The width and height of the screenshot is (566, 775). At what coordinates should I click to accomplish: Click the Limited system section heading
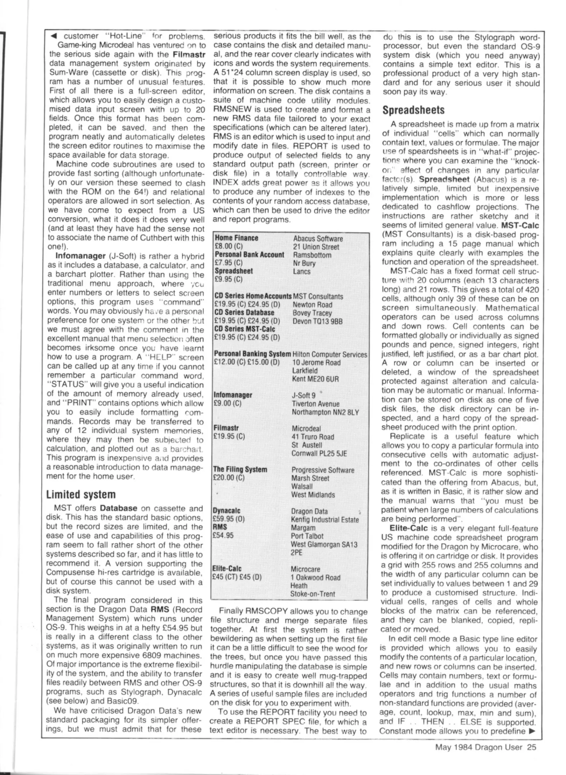click(81, 494)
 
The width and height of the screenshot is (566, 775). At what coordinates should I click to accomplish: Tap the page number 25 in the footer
click(531, 747)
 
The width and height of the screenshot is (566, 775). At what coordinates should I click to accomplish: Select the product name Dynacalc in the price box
click(226, 511)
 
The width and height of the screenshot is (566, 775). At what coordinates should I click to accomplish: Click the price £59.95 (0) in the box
click(229, 519)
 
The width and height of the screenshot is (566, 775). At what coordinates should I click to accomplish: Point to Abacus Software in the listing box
click(318, 239)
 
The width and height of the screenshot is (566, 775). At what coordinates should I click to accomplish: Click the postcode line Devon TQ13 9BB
click(317, 321)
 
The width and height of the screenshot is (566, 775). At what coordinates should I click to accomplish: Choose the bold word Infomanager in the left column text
click(80, 256)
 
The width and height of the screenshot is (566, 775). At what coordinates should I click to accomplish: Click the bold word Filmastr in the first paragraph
click(189, 55)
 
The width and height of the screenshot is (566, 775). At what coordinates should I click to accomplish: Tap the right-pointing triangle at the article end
click(532, 731)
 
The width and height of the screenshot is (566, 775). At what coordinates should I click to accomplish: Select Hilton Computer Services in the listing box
click(330, 354)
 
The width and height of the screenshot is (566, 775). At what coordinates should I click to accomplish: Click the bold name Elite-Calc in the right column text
click(409, 528)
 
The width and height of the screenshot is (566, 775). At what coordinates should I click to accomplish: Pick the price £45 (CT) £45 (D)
click(237, 577)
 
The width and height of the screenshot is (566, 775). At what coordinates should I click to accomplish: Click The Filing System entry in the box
click(240, 469)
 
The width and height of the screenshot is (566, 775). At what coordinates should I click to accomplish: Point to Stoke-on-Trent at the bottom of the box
click(312, 594)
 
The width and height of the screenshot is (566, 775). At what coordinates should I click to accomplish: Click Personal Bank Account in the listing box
click(249, 255)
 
